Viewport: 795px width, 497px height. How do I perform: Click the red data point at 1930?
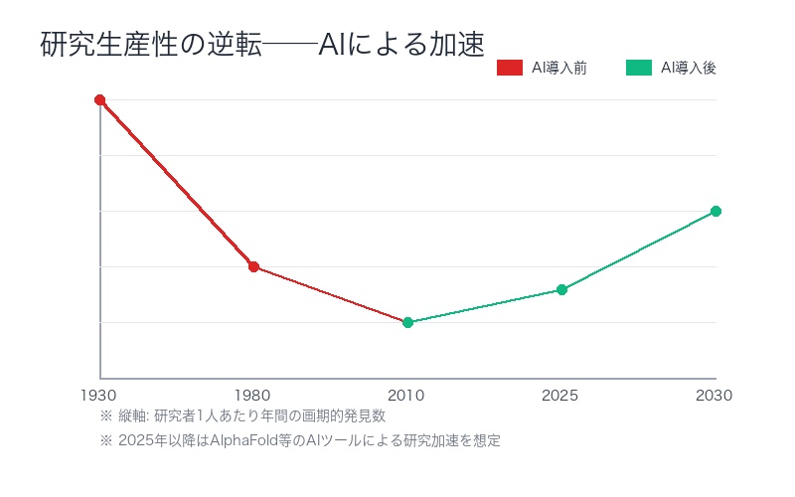tap(99, 99)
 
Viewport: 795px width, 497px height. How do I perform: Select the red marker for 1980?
tap(253, 266)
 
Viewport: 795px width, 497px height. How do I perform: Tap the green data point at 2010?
tap(407, 322)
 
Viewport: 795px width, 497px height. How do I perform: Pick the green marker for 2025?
tap(561, 289)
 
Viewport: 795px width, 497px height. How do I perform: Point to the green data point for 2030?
tap(715, 211)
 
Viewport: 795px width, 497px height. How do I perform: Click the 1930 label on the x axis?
tap(99, 396)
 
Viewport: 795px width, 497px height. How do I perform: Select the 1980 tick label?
tap(253, 396)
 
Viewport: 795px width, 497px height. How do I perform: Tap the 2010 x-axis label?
tap(407, 396)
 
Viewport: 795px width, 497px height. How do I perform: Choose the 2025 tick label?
tap(561, 396)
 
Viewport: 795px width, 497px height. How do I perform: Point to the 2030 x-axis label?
tap(715, 396)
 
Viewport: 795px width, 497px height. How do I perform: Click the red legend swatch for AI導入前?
tap(509, 68)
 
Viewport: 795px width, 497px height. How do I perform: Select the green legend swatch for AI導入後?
tap(638, 68)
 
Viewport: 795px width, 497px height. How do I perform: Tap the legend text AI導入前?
tap(558, 68)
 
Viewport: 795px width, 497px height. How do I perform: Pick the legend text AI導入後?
tap(688, 68)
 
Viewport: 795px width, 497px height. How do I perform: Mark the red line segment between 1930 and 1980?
tap(177, 183)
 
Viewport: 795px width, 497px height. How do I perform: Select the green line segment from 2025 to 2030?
tap(639, 250)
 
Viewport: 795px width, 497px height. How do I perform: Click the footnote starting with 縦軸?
tap(242, 415)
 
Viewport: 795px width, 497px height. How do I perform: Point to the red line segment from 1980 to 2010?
tap(331, 294)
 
